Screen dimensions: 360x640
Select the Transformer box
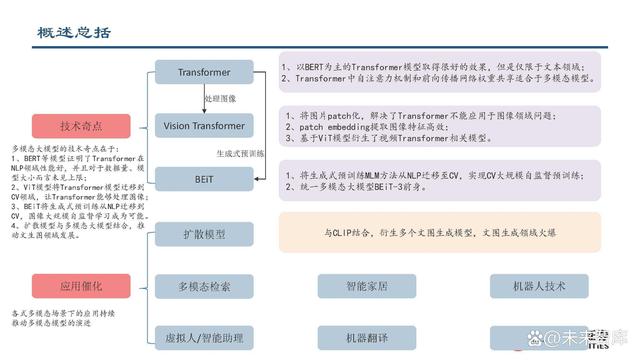pos(204,73)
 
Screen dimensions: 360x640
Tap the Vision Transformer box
pos(204,125)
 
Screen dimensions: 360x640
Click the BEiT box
pos(204,178)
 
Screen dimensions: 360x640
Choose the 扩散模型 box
pos(204,233)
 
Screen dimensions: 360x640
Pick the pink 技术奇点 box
pos(81,127)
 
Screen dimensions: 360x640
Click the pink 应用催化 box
pos(81,287)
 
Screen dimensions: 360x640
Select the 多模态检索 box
pos(204,287)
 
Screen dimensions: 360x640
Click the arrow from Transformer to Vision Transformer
pos(203,99)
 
